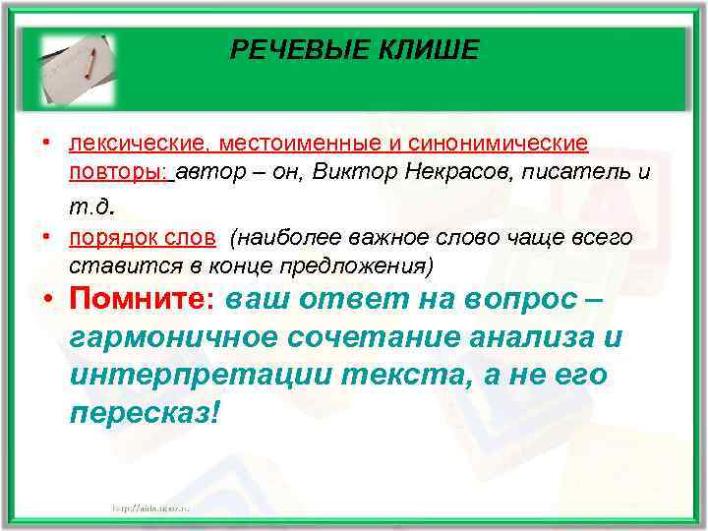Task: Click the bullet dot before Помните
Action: tap(47, 300)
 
